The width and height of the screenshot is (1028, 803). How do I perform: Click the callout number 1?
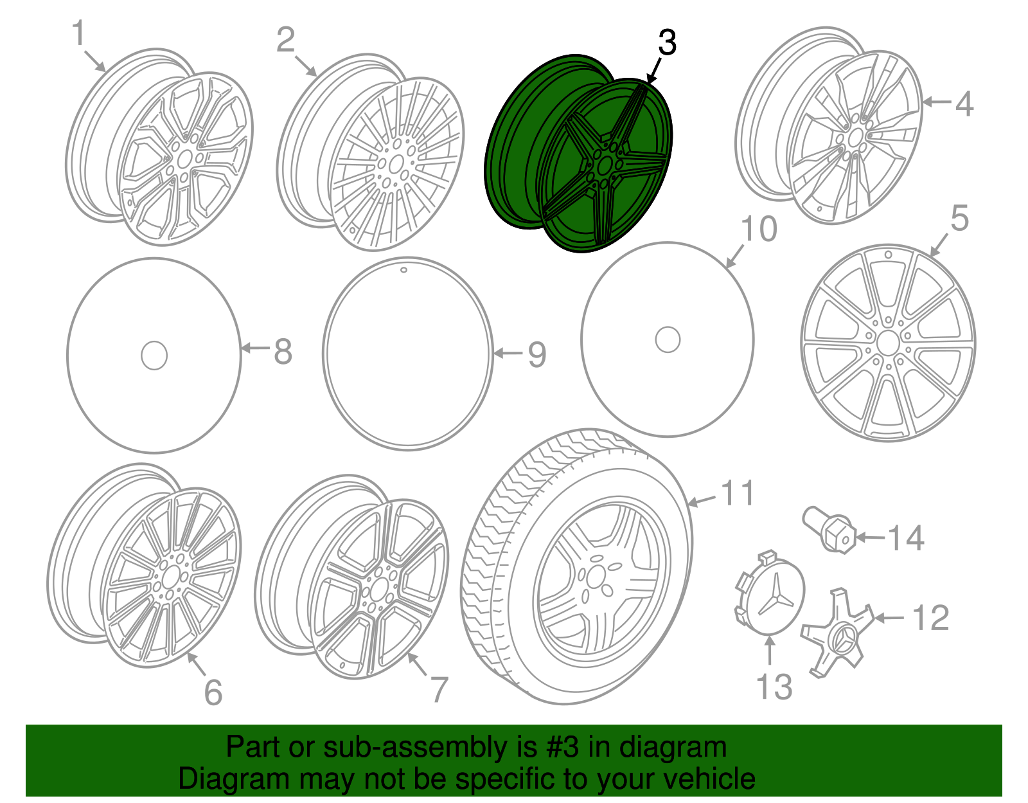coord(78,33)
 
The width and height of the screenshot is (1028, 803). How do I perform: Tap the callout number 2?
coord(285,40)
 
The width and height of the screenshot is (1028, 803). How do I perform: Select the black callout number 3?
coord(667,43)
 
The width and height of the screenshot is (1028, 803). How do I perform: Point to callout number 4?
coord(964,104)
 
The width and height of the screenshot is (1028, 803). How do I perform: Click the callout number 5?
coord(959,219)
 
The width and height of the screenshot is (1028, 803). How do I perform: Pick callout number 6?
coord(213,692)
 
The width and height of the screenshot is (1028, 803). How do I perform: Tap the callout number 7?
coord(439,690)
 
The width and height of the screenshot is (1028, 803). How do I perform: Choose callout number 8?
coord(283,352)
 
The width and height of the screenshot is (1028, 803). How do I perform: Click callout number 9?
coord(536,354)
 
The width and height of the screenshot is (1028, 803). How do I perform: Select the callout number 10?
coord(759,229)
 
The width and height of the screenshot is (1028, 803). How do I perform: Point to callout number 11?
coord(737,494)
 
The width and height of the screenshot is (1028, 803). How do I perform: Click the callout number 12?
coord(930,618)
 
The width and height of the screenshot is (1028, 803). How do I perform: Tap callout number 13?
coord(774,687)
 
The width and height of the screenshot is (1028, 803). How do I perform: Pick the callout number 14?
coord(906,537)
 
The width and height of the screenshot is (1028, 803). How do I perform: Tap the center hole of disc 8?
coord(154,356)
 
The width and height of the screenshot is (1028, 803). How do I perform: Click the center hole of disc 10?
coord(668,339)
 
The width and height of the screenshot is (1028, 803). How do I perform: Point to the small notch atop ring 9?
coord(403,270)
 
